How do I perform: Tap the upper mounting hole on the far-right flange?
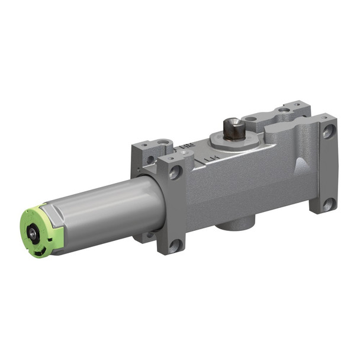[327, 132]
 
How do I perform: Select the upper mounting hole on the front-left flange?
[175, 173]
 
